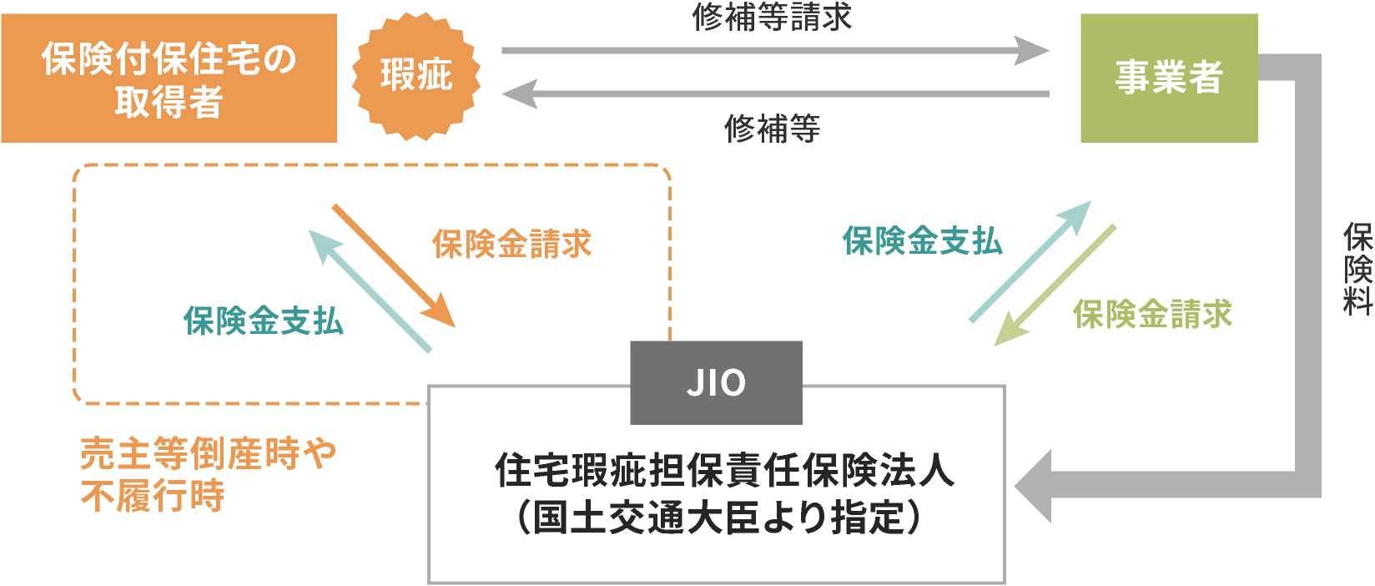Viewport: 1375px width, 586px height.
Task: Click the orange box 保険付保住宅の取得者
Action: tap(169, 78)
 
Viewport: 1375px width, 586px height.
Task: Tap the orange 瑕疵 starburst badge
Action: tap(416, 76)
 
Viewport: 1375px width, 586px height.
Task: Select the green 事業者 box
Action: tap(1168, 78)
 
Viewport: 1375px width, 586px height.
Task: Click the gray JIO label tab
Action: tap(716, 383)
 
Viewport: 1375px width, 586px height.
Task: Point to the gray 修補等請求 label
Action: tap(771, 17)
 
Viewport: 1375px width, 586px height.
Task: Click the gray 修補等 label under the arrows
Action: tap(772, 129)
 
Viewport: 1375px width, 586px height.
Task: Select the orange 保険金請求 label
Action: tap(511, 244)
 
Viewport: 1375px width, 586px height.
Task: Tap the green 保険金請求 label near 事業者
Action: tap(1152, 315)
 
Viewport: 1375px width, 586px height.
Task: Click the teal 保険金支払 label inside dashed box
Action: tap(263, 321)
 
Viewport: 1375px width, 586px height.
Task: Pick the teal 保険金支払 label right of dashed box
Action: tap(922, 241)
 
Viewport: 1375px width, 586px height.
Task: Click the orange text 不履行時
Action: tap(153, 496)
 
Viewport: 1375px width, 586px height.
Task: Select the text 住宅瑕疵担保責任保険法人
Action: tap(724, 470)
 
